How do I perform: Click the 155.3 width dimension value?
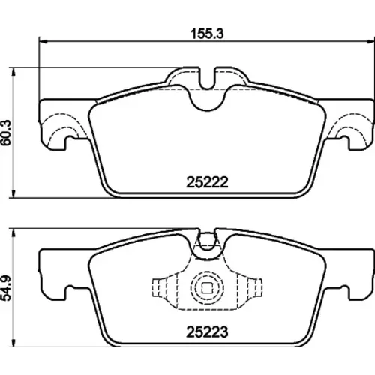coord(207,34)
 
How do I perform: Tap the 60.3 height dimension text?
coord(6,133)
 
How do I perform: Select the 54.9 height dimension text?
coord(6,288)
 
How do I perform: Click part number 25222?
coord(207,182)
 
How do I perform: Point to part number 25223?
coord(207,332)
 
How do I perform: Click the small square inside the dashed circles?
coord(207,288)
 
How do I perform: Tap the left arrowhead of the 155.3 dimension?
coord(43,41)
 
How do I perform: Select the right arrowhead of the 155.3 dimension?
coord(371,41)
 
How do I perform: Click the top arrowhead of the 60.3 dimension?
coord(13,71)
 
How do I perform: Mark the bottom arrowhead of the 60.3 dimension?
coord(13,194)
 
